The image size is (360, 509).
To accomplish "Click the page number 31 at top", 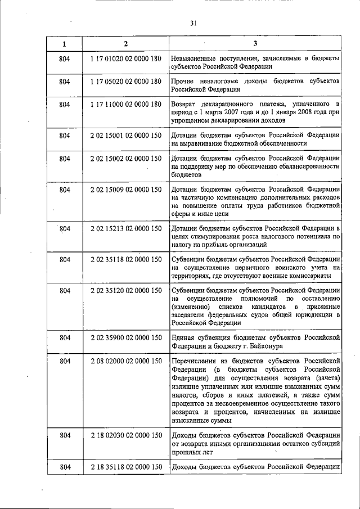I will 193,24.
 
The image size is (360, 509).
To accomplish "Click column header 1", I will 64,44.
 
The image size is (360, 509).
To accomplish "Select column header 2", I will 126,44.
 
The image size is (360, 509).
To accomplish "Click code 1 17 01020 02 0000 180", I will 125,58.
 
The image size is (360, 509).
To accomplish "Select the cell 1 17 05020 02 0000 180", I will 125,82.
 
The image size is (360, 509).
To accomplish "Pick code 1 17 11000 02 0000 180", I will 125,105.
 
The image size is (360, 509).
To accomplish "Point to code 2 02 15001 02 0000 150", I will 125,136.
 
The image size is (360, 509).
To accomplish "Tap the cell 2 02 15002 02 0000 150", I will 125,159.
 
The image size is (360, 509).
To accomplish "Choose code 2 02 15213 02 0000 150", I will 125,228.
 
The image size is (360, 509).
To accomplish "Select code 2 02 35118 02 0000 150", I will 125,259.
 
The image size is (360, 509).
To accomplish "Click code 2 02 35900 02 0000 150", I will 125,337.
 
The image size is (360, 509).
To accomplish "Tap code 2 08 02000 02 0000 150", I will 125,361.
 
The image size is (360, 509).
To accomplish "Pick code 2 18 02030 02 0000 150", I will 125,435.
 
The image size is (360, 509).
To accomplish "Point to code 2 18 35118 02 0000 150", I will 125,467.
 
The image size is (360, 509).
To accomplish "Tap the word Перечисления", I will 194,361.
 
